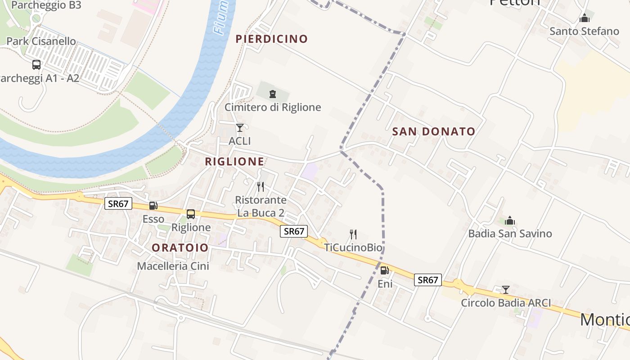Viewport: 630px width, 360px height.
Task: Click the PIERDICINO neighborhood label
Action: (x=272, y=39)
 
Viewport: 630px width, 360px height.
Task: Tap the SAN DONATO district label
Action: (x=434, y=132)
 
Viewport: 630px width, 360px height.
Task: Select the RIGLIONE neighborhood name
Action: (x=235, y=162)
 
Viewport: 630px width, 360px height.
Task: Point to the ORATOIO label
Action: (x=180, y=248)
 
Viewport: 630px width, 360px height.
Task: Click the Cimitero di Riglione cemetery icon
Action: (x=272, y=94)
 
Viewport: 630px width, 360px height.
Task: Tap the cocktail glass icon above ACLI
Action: (x=240, y=128)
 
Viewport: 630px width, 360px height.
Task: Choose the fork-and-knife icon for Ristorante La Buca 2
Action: (x=261, y=186)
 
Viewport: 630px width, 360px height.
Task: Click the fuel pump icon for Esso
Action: (x=153, y=206)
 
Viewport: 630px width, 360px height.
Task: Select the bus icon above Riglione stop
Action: (x=191, y=214)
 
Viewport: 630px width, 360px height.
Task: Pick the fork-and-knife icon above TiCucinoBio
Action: (x=353, y=234)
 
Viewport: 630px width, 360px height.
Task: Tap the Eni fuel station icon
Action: (x=385, y=270)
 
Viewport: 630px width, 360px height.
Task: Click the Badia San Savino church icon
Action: (x=510, y=220)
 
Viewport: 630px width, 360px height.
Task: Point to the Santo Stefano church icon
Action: (x=585, y=18)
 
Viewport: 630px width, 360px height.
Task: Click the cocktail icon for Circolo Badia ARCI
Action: (x=506, y=290)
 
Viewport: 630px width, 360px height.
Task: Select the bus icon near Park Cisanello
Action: (x=36, y=65)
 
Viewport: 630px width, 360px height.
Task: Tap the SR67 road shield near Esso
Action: (x=119, y=204)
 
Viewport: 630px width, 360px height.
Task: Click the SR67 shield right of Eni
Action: (x=427, y=280)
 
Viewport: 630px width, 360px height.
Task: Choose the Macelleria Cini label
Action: (x=173, y=266)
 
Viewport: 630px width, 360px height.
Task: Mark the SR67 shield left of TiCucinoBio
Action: (x=294, y=231)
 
